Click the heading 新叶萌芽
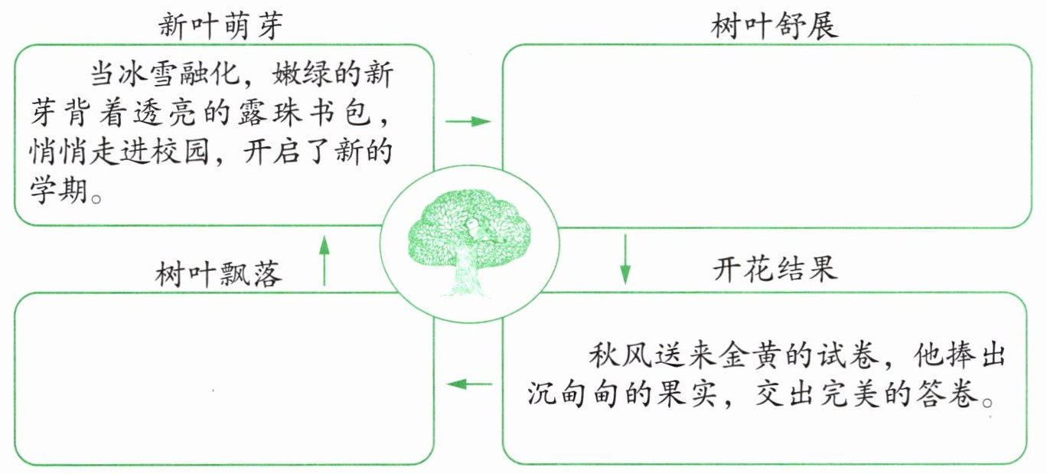220,25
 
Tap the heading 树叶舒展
774,25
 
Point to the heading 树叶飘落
219,273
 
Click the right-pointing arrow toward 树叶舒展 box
468,122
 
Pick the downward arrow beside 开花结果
625,260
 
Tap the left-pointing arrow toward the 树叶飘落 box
469,384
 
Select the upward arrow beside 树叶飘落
324,260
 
